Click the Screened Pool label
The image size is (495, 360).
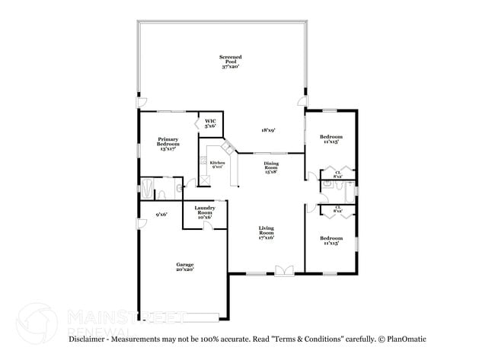(x=230, y=62)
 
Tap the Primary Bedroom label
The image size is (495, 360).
(x=168, y=144)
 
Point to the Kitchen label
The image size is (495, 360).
(x=217, y=164)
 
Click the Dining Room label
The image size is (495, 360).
(x=271, y=167)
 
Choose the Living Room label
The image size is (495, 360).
(x=266, y=233)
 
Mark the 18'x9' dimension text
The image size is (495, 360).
(x=268, y=130)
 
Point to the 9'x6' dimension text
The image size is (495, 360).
(x=161, y=214)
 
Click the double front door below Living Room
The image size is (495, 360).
(x=283, y=269)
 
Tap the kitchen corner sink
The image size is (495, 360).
(x=227, y=147)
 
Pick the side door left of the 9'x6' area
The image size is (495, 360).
(x=141, y=222)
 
